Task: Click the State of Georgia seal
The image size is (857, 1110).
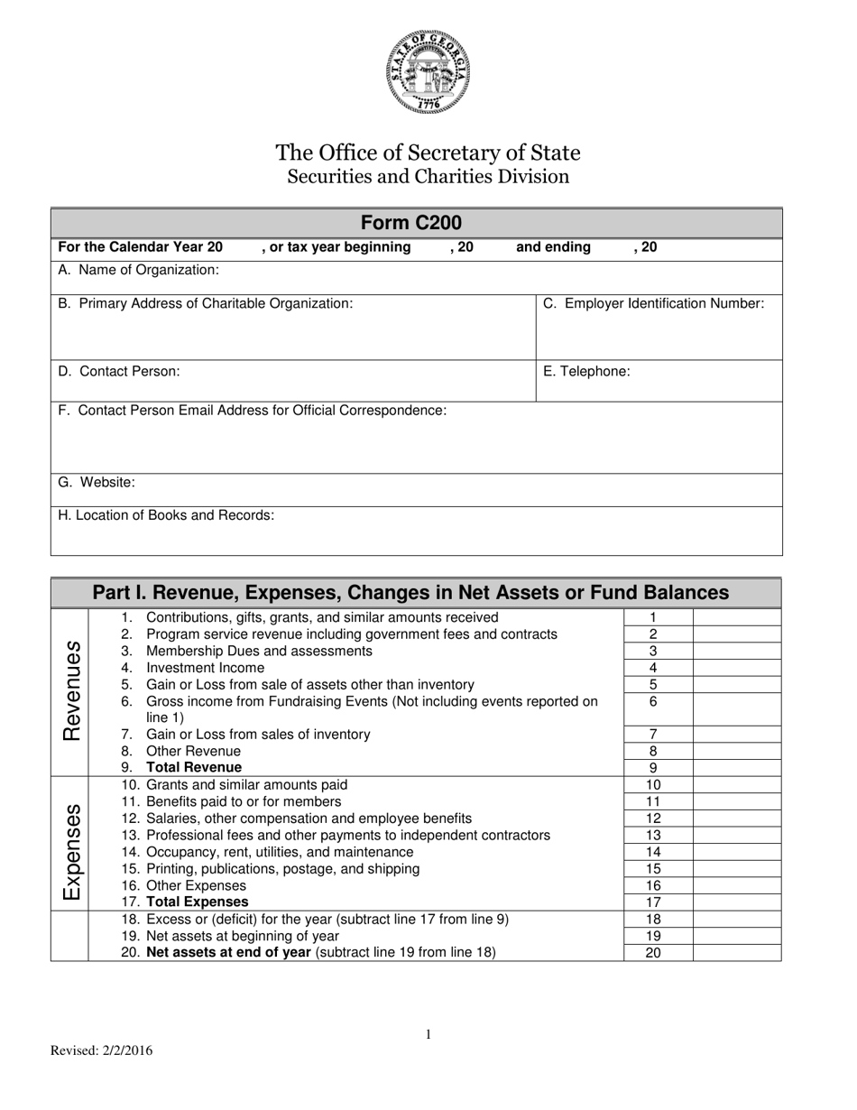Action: click(428, 71)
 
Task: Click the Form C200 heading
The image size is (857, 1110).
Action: click(417, 223)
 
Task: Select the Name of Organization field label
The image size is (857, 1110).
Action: click(138, 270)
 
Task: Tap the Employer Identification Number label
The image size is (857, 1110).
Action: click(653, 303)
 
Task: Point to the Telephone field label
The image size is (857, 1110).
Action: click(586, 371)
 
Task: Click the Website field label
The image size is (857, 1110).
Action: click(97, 482)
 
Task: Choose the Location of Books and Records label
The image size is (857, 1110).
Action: click(166, 515)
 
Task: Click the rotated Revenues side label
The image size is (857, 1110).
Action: click(70, 691)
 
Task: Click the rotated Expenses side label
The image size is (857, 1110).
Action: click(70, 851)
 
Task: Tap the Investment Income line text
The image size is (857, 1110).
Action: click(205, 668)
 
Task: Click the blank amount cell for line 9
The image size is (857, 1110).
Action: click(736, 768)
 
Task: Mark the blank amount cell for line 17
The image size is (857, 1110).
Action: click(736, 902)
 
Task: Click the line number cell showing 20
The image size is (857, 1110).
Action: click(658, 952)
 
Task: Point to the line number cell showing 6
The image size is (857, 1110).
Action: click(658, 701)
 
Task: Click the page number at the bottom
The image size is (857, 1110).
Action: click(428, 1035)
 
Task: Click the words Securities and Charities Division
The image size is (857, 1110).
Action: click(428, 176)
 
